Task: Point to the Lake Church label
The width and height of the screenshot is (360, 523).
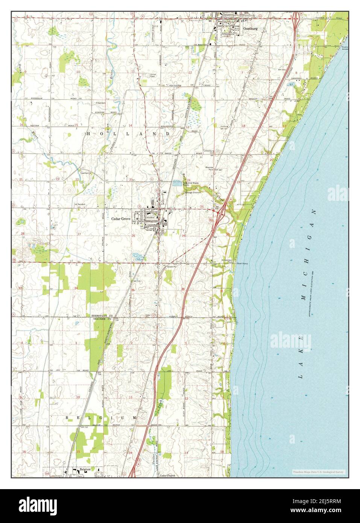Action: pyautogui.click(x=167, y=476)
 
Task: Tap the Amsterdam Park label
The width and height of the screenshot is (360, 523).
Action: pyautogui.click(x=226, y=262)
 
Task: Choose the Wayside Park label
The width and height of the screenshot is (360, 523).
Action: pyautogui.click(x=209, y=169)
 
